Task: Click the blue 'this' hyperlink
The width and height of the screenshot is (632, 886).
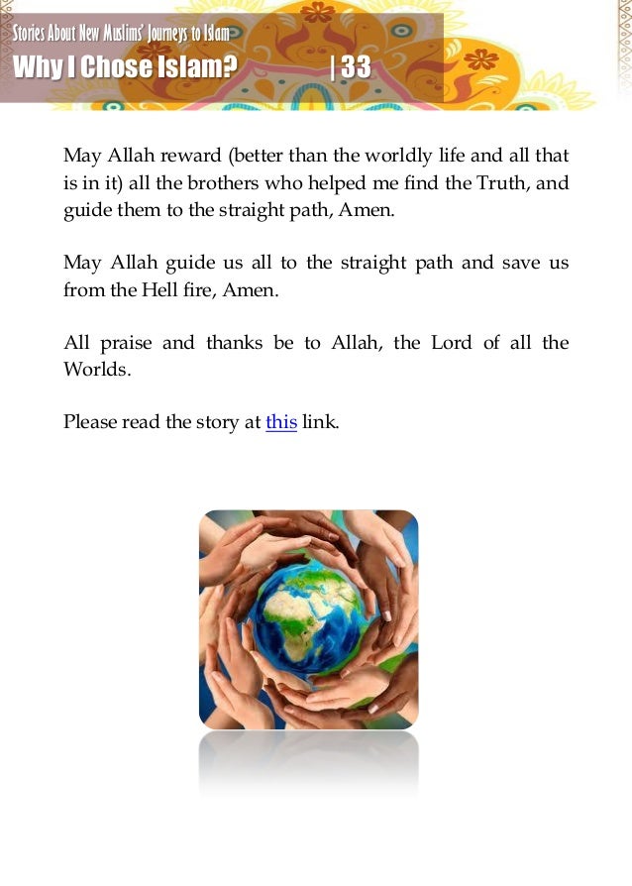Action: (281, 421)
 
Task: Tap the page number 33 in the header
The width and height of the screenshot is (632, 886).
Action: (356, 67)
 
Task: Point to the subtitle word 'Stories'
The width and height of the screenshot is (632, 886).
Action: (30, 36)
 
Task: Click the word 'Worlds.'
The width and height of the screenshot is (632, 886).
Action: (96, 370)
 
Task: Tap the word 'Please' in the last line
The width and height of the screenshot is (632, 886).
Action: (90, 421)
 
